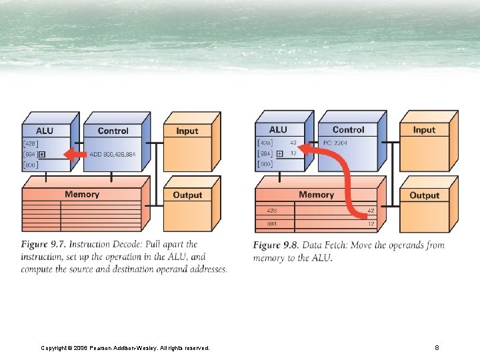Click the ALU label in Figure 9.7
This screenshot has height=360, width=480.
click(45, 131)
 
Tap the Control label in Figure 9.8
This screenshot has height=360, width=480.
click(348, 130)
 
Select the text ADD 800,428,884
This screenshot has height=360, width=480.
click(113, 154)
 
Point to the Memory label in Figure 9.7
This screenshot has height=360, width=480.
click(82, 195)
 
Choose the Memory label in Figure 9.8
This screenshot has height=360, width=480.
click(316, 195)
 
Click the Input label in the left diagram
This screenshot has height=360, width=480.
click(187, 131)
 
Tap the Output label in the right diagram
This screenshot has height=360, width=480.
click(424, 195)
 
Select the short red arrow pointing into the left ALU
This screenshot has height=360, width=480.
click(75, 155)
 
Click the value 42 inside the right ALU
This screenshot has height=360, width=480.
click(293, 143)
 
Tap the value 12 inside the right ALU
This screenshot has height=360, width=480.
click(293, 153)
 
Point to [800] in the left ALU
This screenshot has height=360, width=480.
click(30, 165)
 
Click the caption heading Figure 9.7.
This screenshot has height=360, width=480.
click(43, 245)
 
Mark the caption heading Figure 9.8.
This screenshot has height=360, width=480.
click(275, 245)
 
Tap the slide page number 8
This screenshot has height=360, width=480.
click(437, 347)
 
